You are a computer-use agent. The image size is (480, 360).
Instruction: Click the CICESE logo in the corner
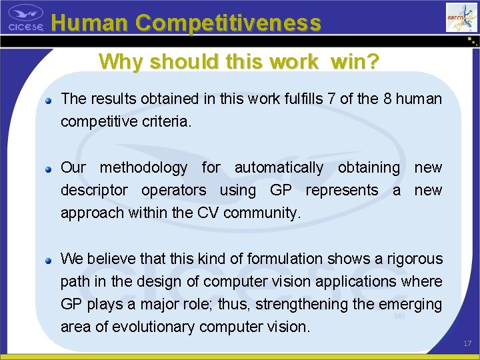(x=25, y=18)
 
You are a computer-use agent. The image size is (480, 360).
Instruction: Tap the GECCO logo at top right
(x=461, y=17)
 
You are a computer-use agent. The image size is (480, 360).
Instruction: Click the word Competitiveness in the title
(x=229, y=23)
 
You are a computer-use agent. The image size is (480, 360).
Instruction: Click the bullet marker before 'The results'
(x=49, y=101)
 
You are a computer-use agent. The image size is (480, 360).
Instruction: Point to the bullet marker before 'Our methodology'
(x=49, y=169)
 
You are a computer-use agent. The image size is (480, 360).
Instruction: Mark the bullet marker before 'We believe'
(x=49, y=261)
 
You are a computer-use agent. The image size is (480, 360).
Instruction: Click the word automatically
(x=279, y=168)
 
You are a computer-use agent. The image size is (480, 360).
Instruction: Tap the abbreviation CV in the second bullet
(x=209, y=213)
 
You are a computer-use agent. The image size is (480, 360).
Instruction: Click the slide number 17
(x=467, y=343)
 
